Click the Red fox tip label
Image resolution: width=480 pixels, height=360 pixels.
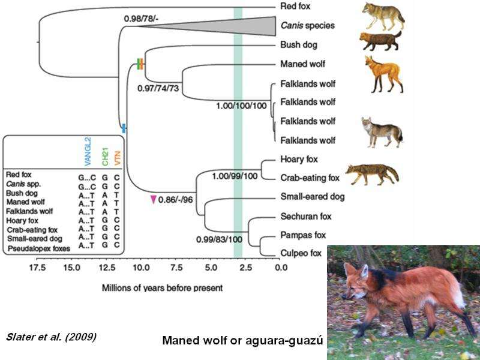click(295, 7)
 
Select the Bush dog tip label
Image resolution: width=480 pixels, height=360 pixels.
click(299, 45)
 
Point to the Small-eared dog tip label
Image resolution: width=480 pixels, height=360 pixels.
click(311, 196)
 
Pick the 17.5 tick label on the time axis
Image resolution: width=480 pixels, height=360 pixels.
click(37, 266)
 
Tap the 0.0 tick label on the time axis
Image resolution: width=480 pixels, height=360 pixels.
click(280, 266)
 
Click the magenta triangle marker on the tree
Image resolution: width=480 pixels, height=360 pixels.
click(154, 199)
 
